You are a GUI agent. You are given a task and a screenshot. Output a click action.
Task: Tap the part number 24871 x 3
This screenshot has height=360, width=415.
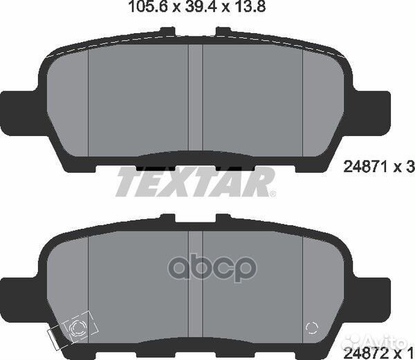point(378,166)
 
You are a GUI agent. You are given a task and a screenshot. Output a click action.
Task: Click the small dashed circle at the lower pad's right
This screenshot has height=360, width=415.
point(311,328)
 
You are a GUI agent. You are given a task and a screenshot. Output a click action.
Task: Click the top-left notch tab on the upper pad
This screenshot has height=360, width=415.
point(167,32)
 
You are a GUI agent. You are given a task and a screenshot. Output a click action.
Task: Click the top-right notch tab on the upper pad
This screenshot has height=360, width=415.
point(223,32)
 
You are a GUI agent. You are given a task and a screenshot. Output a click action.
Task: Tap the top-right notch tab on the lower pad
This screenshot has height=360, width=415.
point(223,218)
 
